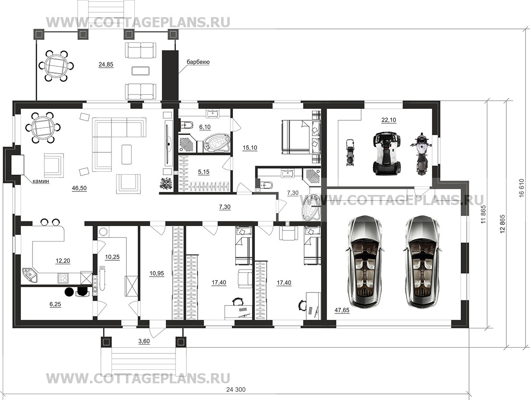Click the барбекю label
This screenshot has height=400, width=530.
click(x=198, y=62)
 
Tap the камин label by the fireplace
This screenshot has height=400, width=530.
click(x=41, y=181)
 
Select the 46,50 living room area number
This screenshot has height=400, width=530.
click(x=79, y=188)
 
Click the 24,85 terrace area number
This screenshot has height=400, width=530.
click(x=106, y=65)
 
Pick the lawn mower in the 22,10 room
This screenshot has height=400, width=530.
click(x=349, y=152)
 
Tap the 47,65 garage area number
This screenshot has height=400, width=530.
click(x=342, y=310)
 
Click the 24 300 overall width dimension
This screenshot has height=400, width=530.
click(x=236, y=389)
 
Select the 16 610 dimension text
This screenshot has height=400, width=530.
click(x=522, y=188)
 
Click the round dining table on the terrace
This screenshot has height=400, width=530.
click(x=56, y=66)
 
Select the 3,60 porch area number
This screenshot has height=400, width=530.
click(x=144, y=341)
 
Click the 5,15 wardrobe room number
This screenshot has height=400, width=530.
click(x=204, y=172)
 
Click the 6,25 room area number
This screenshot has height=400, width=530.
click(x=55, y=304)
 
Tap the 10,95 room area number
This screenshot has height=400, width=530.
click(x=157, y=274)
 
